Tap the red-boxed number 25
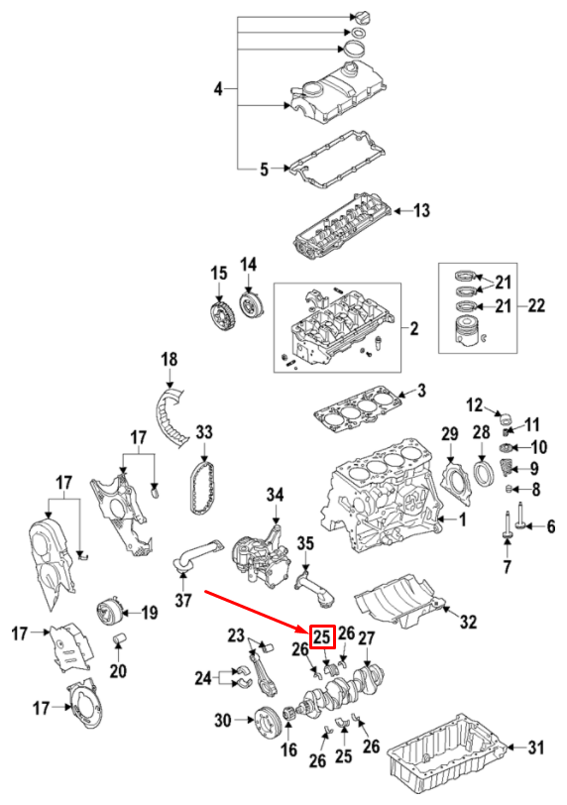coord(322,635)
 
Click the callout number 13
coord(421,210)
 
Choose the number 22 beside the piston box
coord(536,306)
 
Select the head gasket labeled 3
coord(356,407)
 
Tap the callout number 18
coord(168,359)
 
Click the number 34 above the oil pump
coord(275,495)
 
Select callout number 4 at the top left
coord(219,90)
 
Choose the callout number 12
coord(474,403)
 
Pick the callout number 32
coord(468,623)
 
